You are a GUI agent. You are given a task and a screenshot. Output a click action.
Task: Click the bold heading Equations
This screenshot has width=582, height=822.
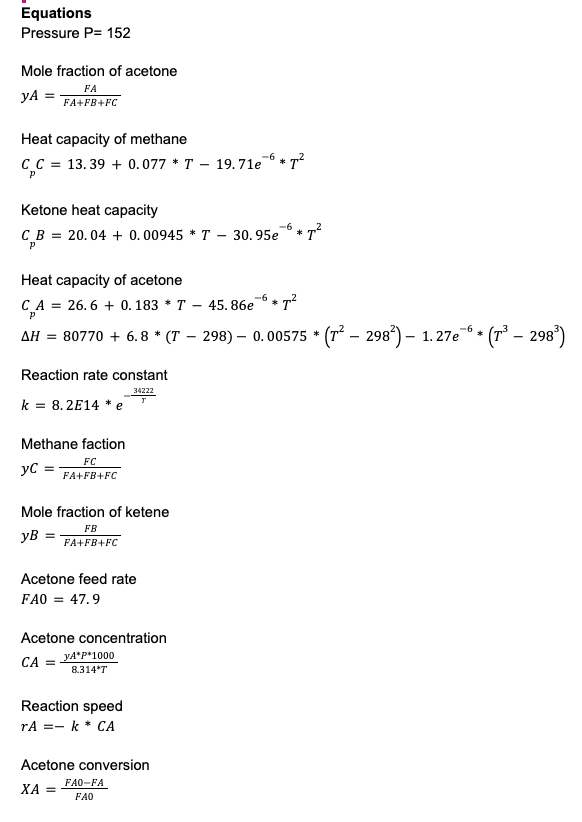pyautogui.click(x=56, y=13)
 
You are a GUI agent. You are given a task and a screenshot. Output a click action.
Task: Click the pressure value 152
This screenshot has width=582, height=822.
pyautogui.click(x=118, y=33)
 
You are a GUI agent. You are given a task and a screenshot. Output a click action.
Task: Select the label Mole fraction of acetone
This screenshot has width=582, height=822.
pyautogui.click(x=99, y=71)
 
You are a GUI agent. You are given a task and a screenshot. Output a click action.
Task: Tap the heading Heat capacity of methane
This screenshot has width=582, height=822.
pyautogui.click(x=104, y=139)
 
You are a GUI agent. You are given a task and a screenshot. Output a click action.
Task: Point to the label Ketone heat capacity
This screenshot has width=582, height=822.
pyautogui.click(x=89, y=210)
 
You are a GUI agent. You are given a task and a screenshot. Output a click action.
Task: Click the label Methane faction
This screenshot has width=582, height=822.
pyautogui.click(x=73, y=443)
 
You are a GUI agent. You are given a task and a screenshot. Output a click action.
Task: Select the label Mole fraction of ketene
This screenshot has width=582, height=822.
pyautogui.click(x=95, y=512)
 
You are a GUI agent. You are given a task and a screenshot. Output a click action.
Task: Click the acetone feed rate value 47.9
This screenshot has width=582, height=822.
pyautogui.click(x=85, y=600)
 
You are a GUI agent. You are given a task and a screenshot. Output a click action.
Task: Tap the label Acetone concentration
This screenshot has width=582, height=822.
pyautogui.click(x=94, y=638)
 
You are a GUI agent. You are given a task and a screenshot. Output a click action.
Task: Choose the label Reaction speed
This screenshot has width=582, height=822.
pyautogui.click(x=71, y=706)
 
